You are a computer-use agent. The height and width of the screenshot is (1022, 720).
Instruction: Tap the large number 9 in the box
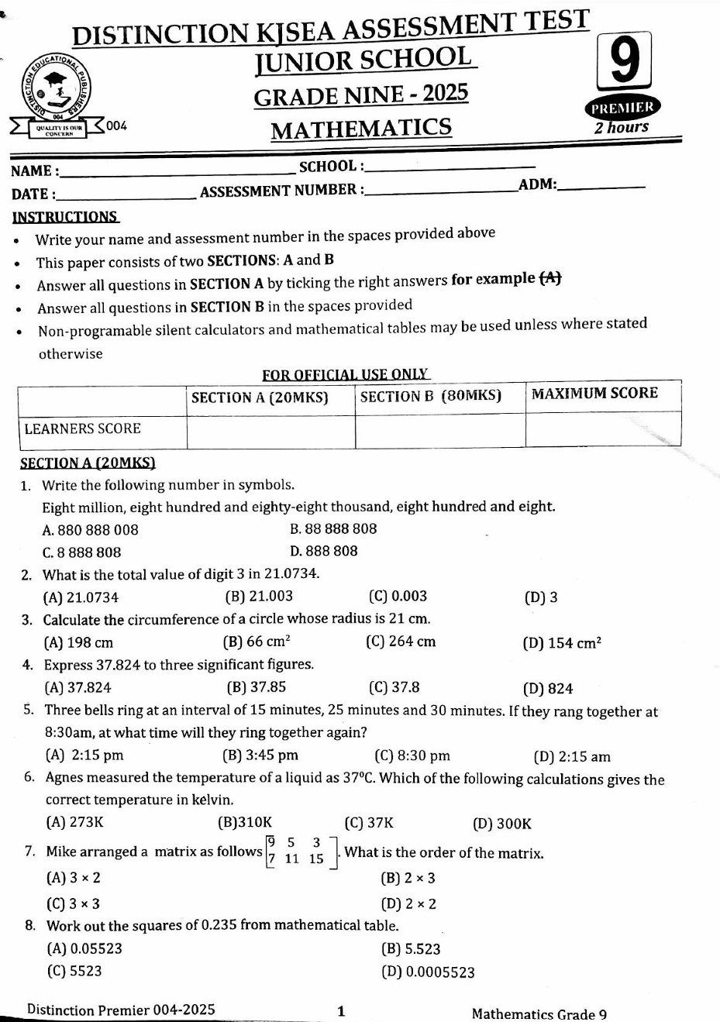(x=624, y=62)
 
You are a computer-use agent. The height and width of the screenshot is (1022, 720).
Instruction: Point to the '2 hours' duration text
(x=621, y=127)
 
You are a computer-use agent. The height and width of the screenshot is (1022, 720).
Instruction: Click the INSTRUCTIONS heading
(x=65, y=217)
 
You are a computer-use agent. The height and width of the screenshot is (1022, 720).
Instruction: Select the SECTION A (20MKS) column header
(x=260, y=398)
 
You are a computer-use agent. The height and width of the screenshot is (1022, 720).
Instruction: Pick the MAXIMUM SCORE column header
(x=594, y=394)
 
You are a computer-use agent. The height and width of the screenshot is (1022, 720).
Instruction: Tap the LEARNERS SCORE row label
(x=82, y=428)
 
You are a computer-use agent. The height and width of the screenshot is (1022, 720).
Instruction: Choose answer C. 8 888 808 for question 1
(x=81, y=552)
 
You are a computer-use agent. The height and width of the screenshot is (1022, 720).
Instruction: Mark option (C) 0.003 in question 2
(x=398, y=597)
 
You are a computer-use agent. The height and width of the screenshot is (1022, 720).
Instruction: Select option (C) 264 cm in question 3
(x=401, y=642)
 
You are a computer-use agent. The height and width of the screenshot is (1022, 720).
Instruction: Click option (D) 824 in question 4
(x=548, y=688)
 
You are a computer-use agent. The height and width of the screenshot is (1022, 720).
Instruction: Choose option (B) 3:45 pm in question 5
(x=260, y=755)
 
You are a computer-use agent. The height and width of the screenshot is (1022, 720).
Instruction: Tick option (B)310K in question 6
(x=245, y=823)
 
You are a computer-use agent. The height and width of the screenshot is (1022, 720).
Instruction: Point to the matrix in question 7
(x=301, y=851)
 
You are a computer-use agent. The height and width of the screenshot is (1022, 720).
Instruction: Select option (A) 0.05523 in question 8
(x=84, y=948)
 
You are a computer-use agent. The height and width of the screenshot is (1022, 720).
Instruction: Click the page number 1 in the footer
(x=341, y=1010)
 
